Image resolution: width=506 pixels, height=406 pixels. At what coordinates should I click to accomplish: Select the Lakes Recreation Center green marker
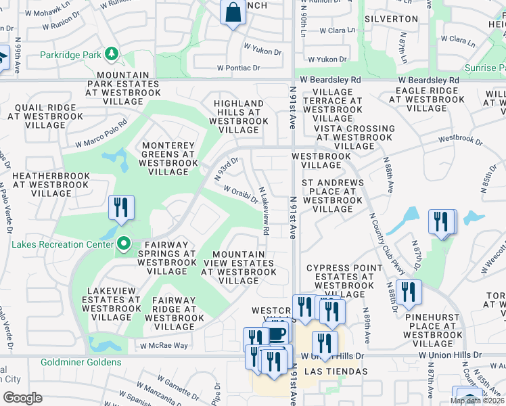123,243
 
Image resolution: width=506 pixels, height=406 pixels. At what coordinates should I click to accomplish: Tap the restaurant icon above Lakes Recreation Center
121,208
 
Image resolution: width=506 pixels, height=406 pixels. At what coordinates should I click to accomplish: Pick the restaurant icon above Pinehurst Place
408,292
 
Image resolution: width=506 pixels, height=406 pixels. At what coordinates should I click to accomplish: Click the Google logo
22,398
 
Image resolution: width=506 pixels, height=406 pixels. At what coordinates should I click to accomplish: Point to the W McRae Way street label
164,345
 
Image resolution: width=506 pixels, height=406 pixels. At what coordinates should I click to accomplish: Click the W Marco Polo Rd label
101,139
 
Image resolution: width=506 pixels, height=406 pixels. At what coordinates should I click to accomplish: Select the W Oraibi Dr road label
240,194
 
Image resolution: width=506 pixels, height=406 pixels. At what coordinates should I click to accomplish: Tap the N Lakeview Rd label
264,211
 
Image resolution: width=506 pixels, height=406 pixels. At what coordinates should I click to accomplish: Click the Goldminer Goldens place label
80,362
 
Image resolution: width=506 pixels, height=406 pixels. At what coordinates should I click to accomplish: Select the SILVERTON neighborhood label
390,19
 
